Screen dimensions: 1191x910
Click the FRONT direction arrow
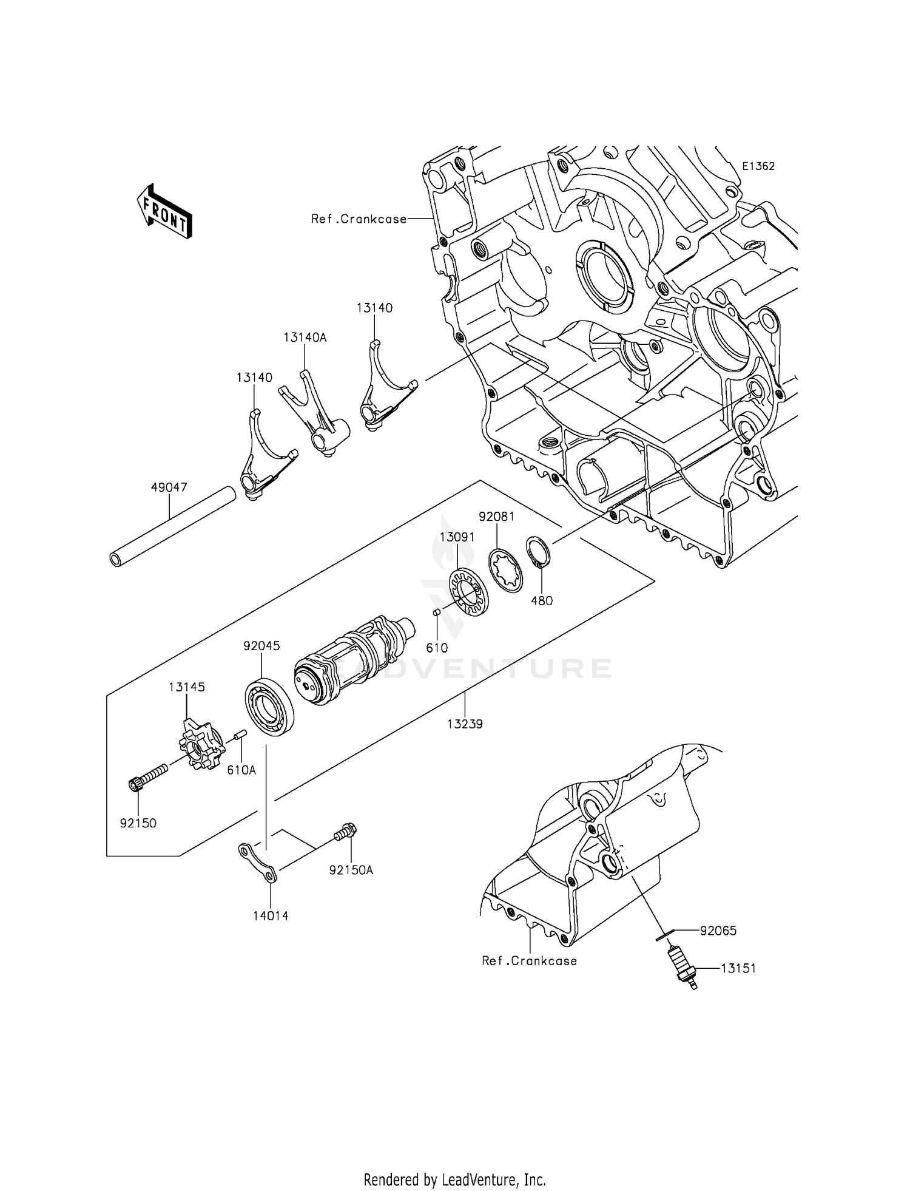click(164, 211)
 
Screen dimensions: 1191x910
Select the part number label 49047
click(169, 487)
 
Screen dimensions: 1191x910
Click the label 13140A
click(305, 338)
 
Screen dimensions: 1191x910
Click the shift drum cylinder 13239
click(352, 662)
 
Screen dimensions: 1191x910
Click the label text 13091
click(457, 537)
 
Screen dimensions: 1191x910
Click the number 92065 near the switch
click(718, 931)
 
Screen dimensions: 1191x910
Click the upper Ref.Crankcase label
click(359, 219)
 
